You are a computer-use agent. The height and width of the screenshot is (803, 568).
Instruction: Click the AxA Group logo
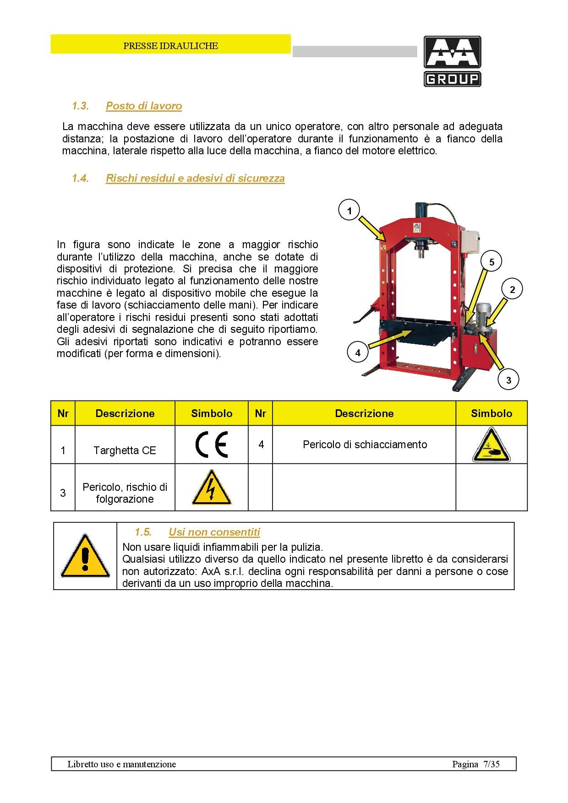click(452, 61)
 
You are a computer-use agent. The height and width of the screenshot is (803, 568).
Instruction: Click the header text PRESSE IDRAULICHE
click(170, 46)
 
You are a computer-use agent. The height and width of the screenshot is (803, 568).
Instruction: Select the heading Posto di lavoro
click(144, 106)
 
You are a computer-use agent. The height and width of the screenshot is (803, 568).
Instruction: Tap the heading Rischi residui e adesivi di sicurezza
click(195, 178)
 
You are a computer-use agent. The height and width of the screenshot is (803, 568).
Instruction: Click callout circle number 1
click(350, 211)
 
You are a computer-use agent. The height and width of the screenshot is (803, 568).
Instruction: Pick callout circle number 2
click(512, 289)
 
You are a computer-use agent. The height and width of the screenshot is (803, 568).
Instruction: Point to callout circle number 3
click(508, 380)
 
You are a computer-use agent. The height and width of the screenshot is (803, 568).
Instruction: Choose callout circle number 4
click(358, 353)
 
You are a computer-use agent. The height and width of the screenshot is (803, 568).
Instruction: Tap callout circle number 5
click(492, 262)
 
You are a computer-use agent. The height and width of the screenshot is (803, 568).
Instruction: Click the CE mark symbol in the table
click(211, 445)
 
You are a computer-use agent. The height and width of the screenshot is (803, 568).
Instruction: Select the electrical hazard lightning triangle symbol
click(211, 488)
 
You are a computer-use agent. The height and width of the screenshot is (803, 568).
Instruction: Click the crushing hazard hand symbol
click(491, 445)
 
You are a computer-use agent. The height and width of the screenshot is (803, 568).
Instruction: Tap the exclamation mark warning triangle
click(85, 556)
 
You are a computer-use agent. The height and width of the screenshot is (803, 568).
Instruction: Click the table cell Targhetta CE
click(125, 450)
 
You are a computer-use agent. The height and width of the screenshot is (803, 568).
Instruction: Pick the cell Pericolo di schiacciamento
click(365, 445)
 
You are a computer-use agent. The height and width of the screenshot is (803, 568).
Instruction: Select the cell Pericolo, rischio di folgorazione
click(125, 493)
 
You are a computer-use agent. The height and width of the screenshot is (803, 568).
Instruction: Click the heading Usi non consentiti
click(214, 532)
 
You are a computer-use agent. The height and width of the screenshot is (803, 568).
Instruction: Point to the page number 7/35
click(491, 764)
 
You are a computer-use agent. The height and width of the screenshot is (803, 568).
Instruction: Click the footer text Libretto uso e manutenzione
click(121, 764)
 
